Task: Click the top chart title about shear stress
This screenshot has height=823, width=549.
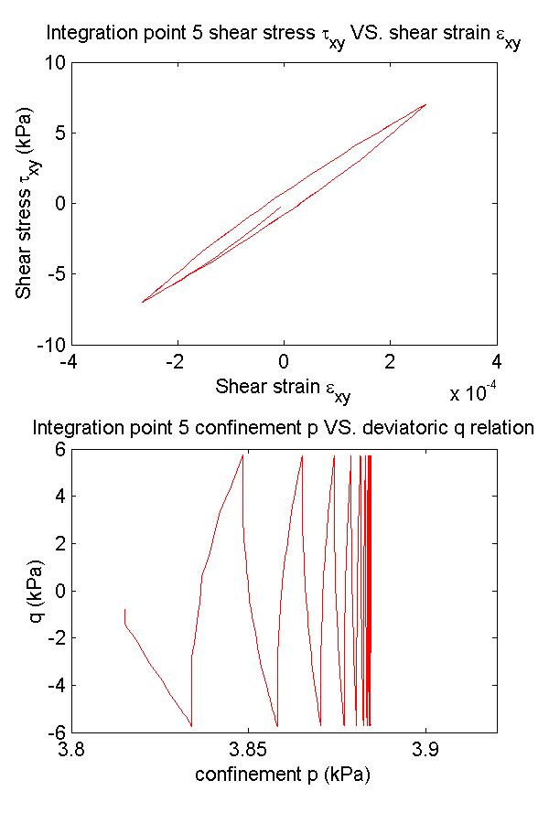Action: pos(284,38)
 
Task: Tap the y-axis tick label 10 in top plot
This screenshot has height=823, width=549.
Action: pos(53,62)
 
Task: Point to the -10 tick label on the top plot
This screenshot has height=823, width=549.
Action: pos(48,345)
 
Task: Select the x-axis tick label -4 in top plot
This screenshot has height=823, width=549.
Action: pos(68,361)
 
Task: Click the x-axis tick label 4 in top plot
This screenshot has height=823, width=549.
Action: pos(496,361)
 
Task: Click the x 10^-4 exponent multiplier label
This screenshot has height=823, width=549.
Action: pos(473,394)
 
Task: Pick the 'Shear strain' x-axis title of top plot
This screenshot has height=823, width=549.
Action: pos(283,388)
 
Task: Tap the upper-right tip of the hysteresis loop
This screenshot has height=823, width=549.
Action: pos(425,104)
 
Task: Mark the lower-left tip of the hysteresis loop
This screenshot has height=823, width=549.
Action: pos(142,303)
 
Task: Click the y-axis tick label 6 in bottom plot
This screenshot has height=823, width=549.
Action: pos(56,449)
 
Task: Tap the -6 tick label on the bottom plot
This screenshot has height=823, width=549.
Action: pos(52,732)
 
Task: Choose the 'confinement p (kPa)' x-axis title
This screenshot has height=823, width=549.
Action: pos(283,775)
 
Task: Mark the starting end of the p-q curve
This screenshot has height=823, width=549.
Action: pos(125,609)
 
